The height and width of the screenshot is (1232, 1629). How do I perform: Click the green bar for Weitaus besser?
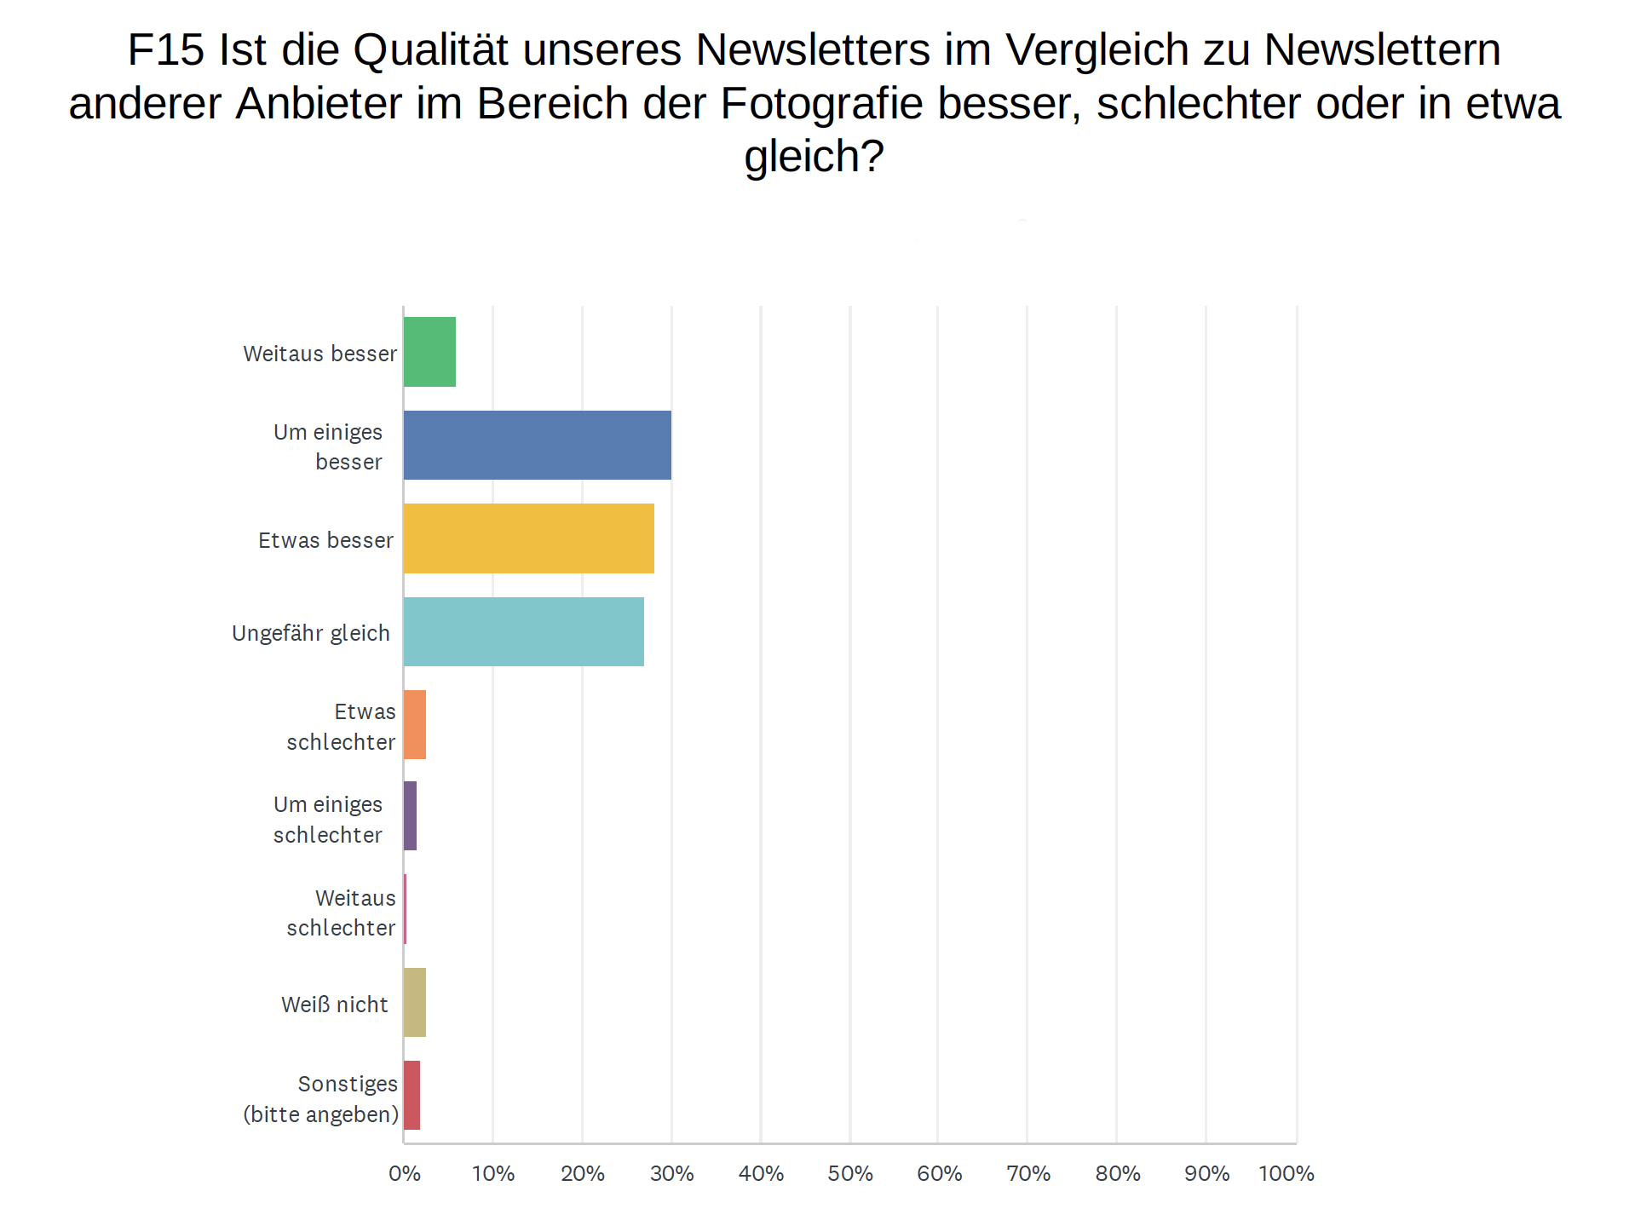(429, 352)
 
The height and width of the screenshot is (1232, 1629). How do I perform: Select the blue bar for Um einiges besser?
(537, 445)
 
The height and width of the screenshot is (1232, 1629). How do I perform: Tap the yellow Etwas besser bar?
(528, 538)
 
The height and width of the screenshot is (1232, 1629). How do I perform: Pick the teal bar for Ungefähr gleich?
(523, 631)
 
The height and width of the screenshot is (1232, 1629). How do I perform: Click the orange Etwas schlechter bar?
(415, 724)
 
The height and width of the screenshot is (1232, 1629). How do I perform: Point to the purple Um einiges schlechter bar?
(410, 816)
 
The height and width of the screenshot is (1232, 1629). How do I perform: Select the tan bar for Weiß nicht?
(415, 1002)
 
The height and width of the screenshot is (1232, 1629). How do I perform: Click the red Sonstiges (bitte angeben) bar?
(412, 1095)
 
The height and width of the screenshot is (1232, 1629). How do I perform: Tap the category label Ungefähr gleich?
(311, 633)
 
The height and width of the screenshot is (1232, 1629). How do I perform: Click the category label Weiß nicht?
(334, 1005)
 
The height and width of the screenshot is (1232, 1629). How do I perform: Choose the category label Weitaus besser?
(319, 354)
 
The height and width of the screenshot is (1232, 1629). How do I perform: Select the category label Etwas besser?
(325, 540)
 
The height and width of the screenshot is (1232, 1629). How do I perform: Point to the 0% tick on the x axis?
(405, 1173)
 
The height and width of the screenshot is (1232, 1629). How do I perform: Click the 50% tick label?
(850, 1173)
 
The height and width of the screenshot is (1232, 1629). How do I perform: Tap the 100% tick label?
(1287, 1173)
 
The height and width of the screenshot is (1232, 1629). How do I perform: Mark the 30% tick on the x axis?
(671, 1173)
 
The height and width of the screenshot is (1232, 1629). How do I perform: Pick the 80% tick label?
(1118, 1173)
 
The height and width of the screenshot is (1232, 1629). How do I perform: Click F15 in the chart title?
(166, 49)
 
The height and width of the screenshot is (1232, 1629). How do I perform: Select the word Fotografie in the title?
(821, 103)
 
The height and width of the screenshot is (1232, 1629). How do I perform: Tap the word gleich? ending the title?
(814, 157)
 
